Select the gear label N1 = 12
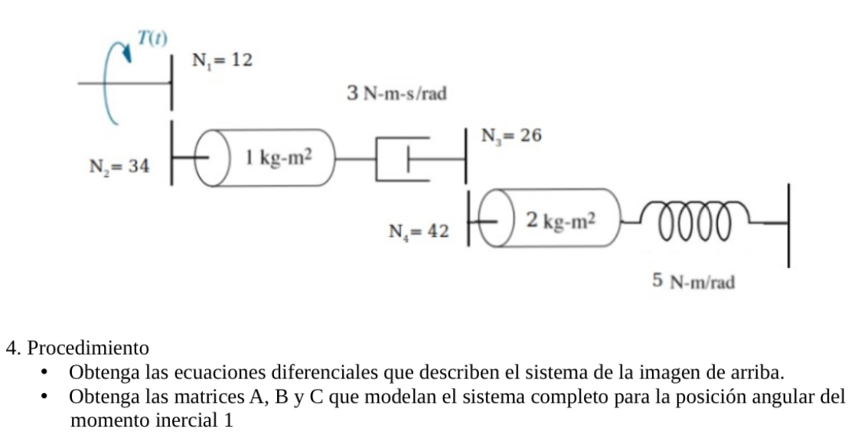tap(222, 61)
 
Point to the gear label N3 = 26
tap(511, 136)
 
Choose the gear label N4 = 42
tap(417, 231)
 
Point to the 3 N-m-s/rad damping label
tap(396, 94)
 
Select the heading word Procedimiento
tap(88, 348)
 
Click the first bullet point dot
tap(47, 374)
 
